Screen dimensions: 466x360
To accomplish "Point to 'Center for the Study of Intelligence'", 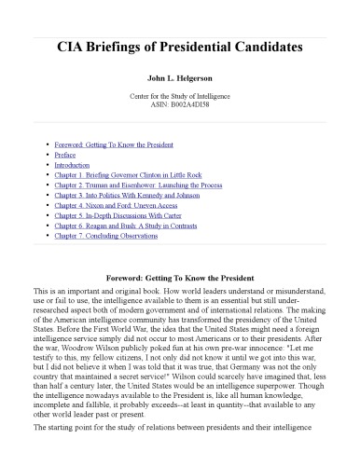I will click(180, 97).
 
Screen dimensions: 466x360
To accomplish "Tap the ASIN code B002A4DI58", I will click(180, 106).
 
